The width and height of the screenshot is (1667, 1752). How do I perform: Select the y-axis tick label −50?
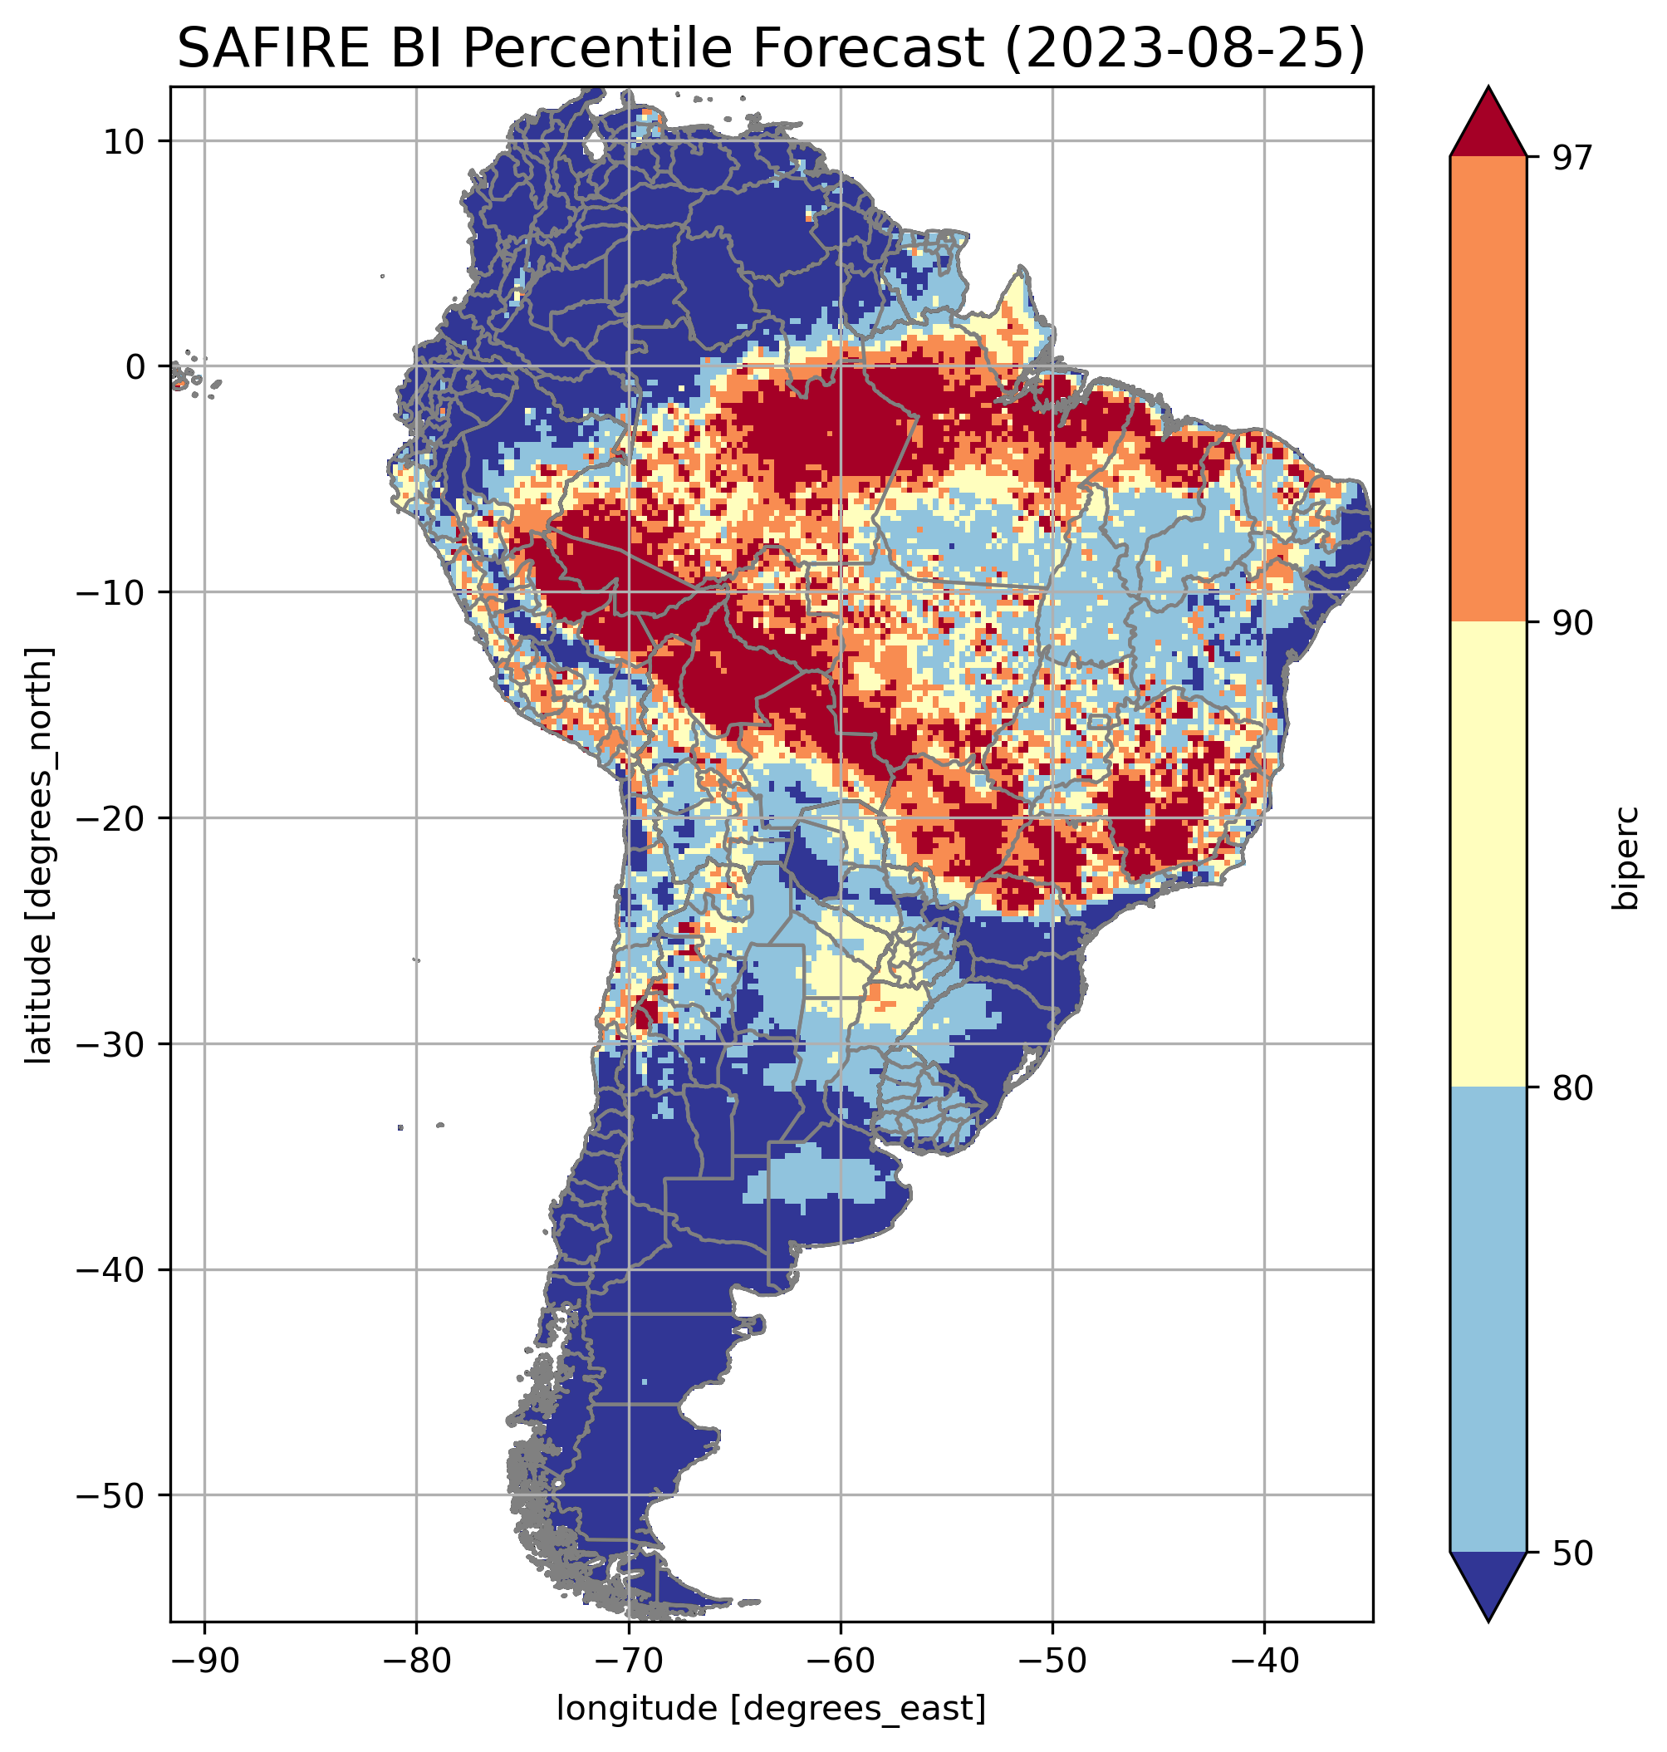click(111, 1496)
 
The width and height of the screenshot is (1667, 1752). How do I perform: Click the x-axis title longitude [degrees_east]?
click(772, 1709)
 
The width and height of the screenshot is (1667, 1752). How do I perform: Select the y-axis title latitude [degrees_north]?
click(39, 854)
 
